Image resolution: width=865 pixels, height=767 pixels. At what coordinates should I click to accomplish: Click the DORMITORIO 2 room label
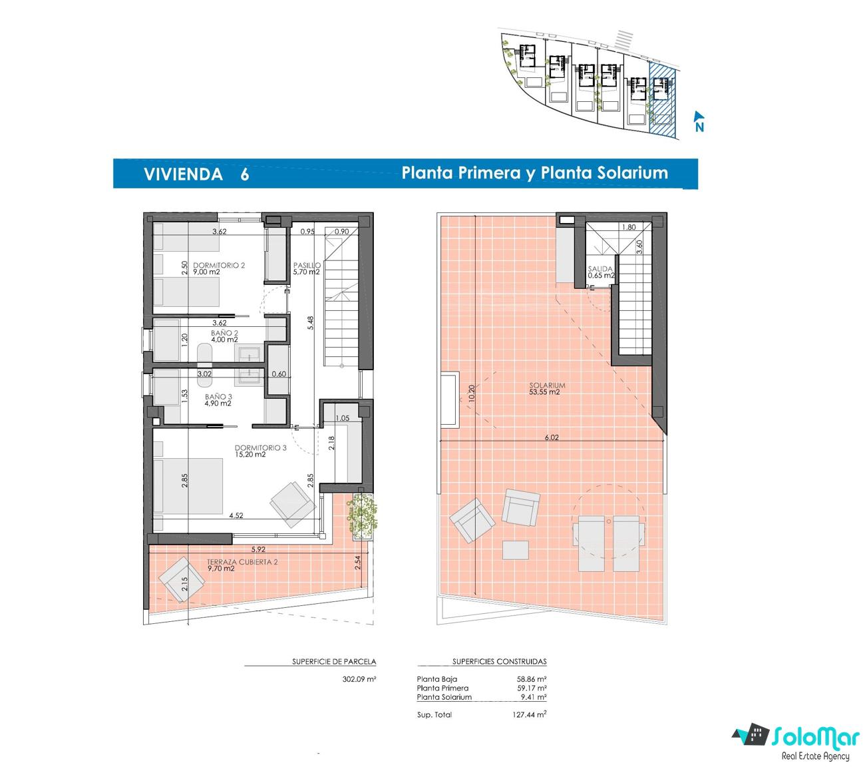[x=219, y=266]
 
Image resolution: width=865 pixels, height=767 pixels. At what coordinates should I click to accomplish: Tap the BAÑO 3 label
[x=218, y=397]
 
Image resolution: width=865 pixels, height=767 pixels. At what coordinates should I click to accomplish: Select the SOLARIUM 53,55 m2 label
[x=547, y=388]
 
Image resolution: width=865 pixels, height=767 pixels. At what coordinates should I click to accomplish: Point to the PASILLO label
[x=307, y=266]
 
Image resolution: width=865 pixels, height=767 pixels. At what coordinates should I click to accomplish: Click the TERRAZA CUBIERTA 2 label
[x=242, y=562]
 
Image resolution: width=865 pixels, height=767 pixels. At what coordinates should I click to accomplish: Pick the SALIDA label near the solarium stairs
[x=600, y=269]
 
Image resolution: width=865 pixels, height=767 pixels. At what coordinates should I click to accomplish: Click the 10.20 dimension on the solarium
[x=471, y=393]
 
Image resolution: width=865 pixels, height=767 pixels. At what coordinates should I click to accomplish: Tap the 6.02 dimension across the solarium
[x=552, y=437]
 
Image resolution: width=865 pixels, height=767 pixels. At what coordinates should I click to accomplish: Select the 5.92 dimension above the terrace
[x=258, y=549]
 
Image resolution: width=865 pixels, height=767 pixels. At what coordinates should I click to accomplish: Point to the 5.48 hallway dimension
[x=310, y=323]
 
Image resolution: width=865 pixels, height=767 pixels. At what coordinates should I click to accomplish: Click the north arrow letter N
[x=699, y=127]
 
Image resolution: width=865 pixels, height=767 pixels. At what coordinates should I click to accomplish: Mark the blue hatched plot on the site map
[x=663, y=101]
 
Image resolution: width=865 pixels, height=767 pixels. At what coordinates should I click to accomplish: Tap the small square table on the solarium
[x=515, y=550]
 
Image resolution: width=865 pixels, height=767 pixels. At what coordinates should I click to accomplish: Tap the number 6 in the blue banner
[x=245, y=174]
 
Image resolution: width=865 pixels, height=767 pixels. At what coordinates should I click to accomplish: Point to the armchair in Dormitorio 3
[x=293, y=505]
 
